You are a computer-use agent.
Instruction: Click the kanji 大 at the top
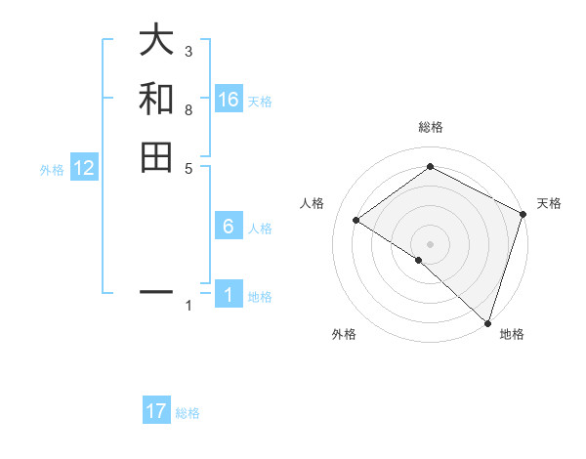(156, 41)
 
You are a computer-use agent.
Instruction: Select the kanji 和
(156, 99)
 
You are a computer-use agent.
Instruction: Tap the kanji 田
(156, 156)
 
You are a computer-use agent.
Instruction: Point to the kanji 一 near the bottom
(156, 291)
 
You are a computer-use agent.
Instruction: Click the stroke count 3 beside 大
(188, 51)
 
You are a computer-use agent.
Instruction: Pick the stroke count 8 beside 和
(188, 109)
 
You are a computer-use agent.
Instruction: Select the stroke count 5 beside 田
(188, 167)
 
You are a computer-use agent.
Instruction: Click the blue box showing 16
(229, 100)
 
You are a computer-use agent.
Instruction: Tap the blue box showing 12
(84, 168)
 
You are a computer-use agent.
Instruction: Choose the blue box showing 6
(229, 227)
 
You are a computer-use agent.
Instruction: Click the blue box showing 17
(156, 411)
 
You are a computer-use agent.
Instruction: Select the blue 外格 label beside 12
(52, 170)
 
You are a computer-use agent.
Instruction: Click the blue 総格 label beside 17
(188, 413)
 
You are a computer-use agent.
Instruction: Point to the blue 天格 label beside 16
(260, 102)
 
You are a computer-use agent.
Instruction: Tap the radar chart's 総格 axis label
(431, 127)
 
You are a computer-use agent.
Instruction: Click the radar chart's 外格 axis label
(344, 334)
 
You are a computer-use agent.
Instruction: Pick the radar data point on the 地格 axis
(486, 321)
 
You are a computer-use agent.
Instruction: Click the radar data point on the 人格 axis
(356, 220)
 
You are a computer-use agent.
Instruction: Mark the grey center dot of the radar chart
(431, 243)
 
